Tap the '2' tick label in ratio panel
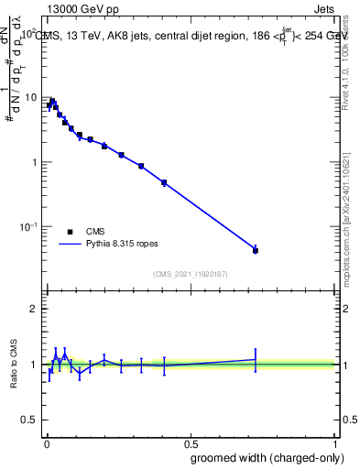[34, 309]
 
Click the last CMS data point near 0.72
[256, 250]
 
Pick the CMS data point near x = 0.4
[164, 183]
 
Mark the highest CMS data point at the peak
[52, 101]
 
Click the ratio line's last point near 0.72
[256, 359]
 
